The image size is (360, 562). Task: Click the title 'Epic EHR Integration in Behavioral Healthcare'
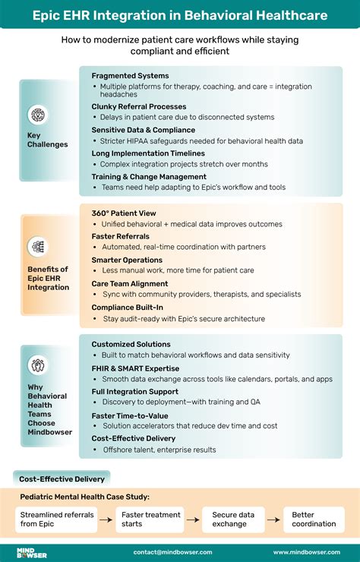[x=180, y=14]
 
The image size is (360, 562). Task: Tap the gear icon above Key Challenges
[x=37, y=115]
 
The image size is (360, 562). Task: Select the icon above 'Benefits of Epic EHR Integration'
[x=37, y=247]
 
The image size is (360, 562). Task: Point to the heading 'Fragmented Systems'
[x=130, y=76]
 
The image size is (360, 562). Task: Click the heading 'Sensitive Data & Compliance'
[x=144, y=131]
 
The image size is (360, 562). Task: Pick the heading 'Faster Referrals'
[x=121, y=236]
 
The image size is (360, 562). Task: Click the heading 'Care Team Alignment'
[x=131, y=283]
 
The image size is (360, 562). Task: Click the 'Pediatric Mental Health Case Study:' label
[x=84, y=497]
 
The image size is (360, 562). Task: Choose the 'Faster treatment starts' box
[x=152, y=519]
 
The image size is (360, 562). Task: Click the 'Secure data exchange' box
[x=233, y=519]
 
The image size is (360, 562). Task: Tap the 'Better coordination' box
[x=313, y=519]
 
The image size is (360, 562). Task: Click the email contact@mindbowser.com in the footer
[x=172, y=552]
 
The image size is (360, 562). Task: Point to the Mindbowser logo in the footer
[x=32, y=552]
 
